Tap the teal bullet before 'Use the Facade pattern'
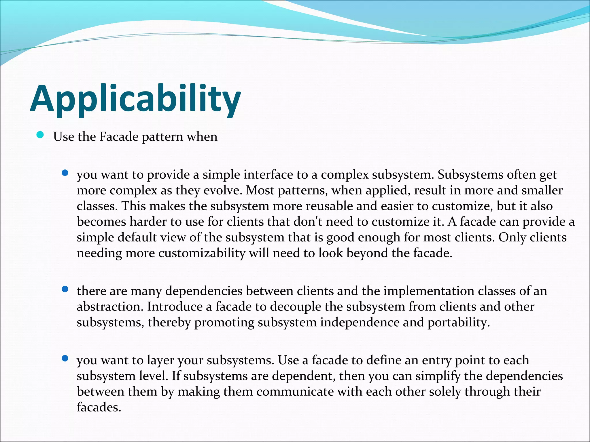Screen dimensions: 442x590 pyautogui.click(x=40, y=135)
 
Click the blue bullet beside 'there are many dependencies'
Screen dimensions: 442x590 pyautogui.click(x=65, y=289)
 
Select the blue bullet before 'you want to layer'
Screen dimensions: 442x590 pyautogui.click(x=65, y=358)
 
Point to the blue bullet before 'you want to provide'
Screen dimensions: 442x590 pyautogui.click(x=65, y=173)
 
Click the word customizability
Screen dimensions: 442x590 pyautogui.click(x=202, y=253)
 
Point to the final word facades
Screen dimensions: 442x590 pyautogui.click(x=99, y=407)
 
